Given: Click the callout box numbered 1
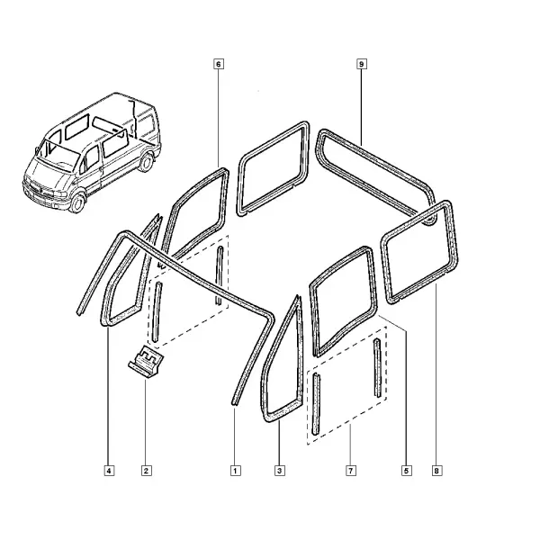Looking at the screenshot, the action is pyautogui.click(x=236, y=471).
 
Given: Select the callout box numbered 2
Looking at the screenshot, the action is pyautogui.click(x=147, y=471).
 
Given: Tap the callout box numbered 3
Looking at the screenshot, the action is pyautogui.click(x=280, y=471).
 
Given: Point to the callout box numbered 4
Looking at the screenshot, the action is pyautogui.click(x=109, y=471).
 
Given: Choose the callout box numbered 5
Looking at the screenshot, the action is pyautogui.click(x=407, y=471).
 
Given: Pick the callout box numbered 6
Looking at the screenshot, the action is pyautogui.click(x=219, y=64).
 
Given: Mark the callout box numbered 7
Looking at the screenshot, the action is pyautogui.click(x=351, y=471).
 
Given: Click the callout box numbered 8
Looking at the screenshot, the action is pyautogui.click(x=436, y=471).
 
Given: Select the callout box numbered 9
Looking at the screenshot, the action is pyautogui.click(x=361, y=64).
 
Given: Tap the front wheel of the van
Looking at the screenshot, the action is pyautogui.click(x=77, y=202).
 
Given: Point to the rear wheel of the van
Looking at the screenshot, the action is pyautogui.click(x=147, y=162).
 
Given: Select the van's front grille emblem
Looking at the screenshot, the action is pyautogui.click(x=40, y=190).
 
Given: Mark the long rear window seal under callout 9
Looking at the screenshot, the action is pyautogui.click(x=375, y=160).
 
